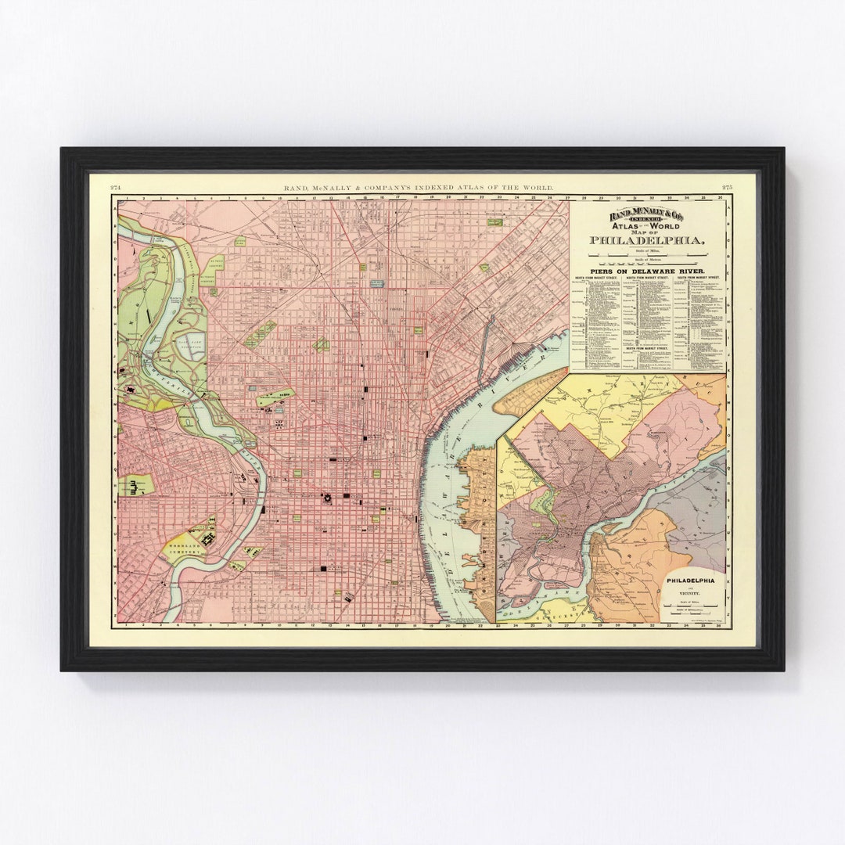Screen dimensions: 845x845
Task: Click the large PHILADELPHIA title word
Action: click(x=646, y=240)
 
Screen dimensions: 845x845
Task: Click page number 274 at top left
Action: click(x=116, y=188)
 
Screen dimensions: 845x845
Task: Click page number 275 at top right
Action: click(x=727, y=188)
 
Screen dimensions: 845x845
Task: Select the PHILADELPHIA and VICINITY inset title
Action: click(x=692, y=584)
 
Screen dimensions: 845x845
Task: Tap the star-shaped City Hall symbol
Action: click(x=326, y=497)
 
